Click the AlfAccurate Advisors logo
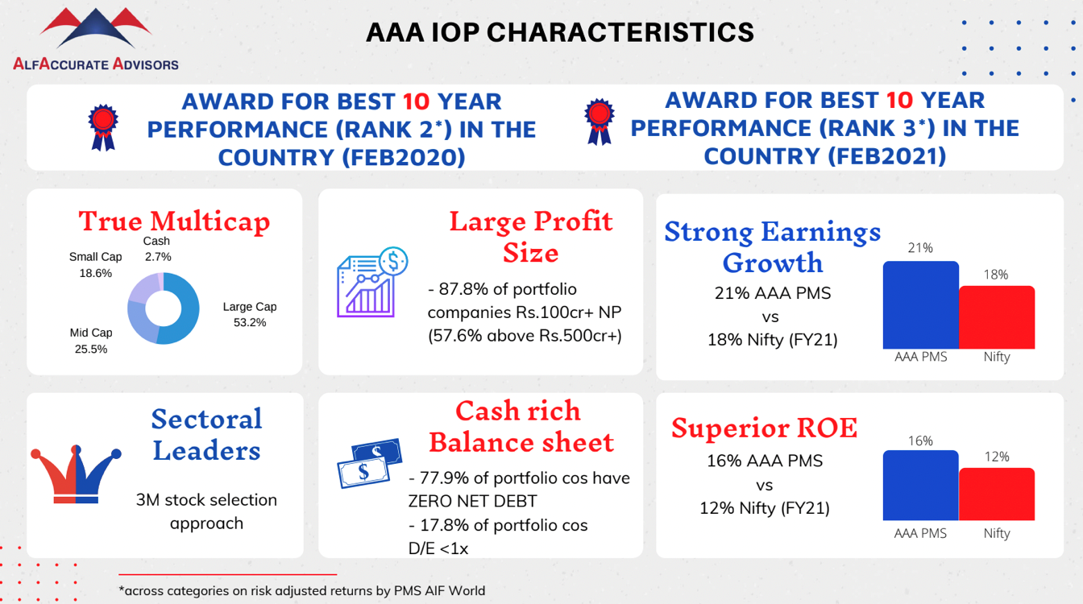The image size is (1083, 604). coord(96,39)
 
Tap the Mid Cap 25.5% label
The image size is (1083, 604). coord(91,341)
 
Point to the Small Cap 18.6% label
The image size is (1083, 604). coord(95,265)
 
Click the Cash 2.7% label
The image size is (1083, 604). coord(158,248)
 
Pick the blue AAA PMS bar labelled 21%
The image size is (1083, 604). coord(920,305)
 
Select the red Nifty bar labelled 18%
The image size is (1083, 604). coord(997,317)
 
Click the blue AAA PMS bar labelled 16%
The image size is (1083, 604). coord(920,485)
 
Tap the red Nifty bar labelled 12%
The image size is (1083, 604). coord(997,494)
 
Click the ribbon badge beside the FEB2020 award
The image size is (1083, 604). coord(103,127)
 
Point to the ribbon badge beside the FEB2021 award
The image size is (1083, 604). coord(599,122)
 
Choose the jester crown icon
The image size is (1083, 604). coord(76,474)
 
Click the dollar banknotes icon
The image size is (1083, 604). coord(370,463)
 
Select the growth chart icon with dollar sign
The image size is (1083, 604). coord(372,282)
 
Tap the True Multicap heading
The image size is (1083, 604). coord(174,221)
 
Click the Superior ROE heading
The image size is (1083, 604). coord(765,428)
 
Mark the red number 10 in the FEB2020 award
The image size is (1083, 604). coord(416,102)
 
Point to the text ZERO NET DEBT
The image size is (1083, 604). coord(472,502)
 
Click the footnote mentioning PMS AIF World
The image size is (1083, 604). coord(302,591)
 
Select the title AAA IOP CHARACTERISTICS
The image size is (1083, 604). coord(560,33)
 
